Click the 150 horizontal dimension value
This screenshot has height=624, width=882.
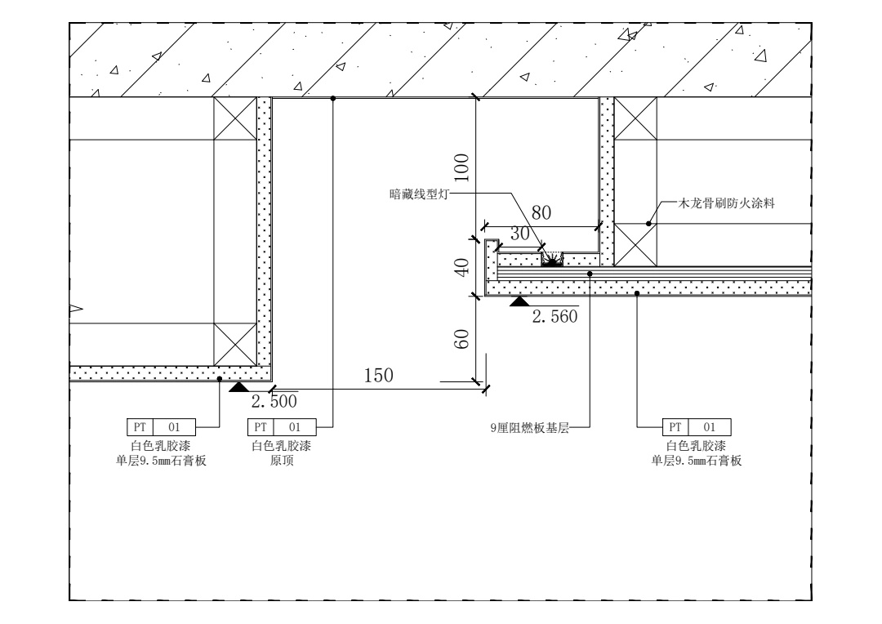click(379, 375)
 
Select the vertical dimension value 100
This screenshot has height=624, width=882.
click(462, 167)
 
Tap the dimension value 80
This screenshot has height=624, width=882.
click(541, 213)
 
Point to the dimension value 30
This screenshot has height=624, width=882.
click(520, 234)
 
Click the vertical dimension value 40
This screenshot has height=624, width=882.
click(462, 267)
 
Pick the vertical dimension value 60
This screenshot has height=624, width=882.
click(462, 338)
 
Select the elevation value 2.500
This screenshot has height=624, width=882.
click(274, 402)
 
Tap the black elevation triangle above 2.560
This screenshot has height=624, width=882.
click(519, 301)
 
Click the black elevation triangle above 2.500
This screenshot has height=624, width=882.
click(239, 386)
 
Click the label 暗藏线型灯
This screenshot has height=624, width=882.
click(418, 194)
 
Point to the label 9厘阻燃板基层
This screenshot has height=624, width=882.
click(534, 426)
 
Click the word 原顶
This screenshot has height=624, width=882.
click(282, 461)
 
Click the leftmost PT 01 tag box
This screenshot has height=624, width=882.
click(161, 426)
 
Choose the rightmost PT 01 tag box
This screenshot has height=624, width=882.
click(696, 426)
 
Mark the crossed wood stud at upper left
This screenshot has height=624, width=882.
click(234, 118)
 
